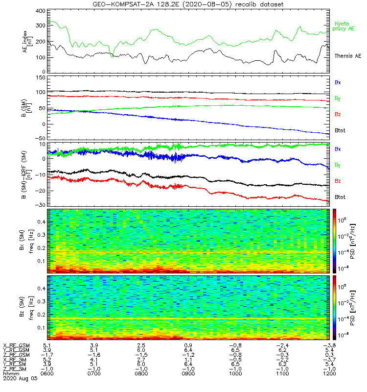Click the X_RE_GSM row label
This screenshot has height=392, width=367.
[16, 345]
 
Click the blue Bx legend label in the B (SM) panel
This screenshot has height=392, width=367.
[337, 82]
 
